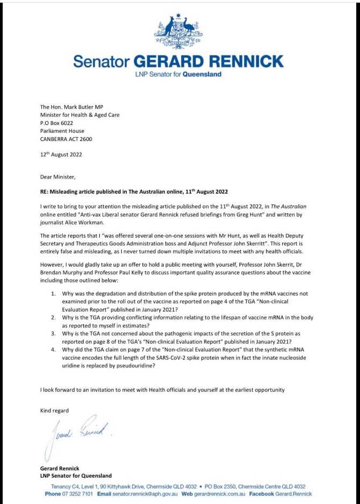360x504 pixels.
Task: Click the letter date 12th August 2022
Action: [61, 154]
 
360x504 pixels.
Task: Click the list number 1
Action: [54, 294]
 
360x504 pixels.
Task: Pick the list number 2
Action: [54, 317]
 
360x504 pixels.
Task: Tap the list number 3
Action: [54, 333]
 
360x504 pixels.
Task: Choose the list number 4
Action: [54, 349]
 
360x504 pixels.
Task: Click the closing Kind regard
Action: [55, 411]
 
